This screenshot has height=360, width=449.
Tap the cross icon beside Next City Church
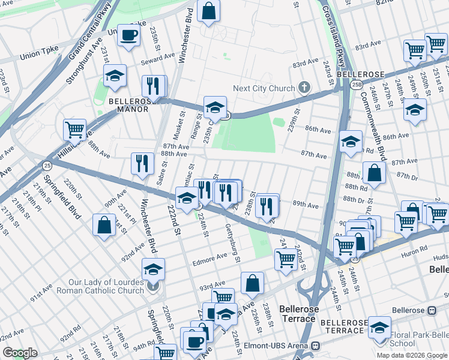click(304, 88)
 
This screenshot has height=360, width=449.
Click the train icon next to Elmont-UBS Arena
click(315, 346)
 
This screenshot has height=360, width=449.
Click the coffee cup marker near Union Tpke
click(128, 35)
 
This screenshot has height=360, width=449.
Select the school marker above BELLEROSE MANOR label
click(115, 76)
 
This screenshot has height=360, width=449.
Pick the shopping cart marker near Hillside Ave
click(74, 128)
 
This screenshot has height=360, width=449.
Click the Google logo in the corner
click(20, 352)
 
